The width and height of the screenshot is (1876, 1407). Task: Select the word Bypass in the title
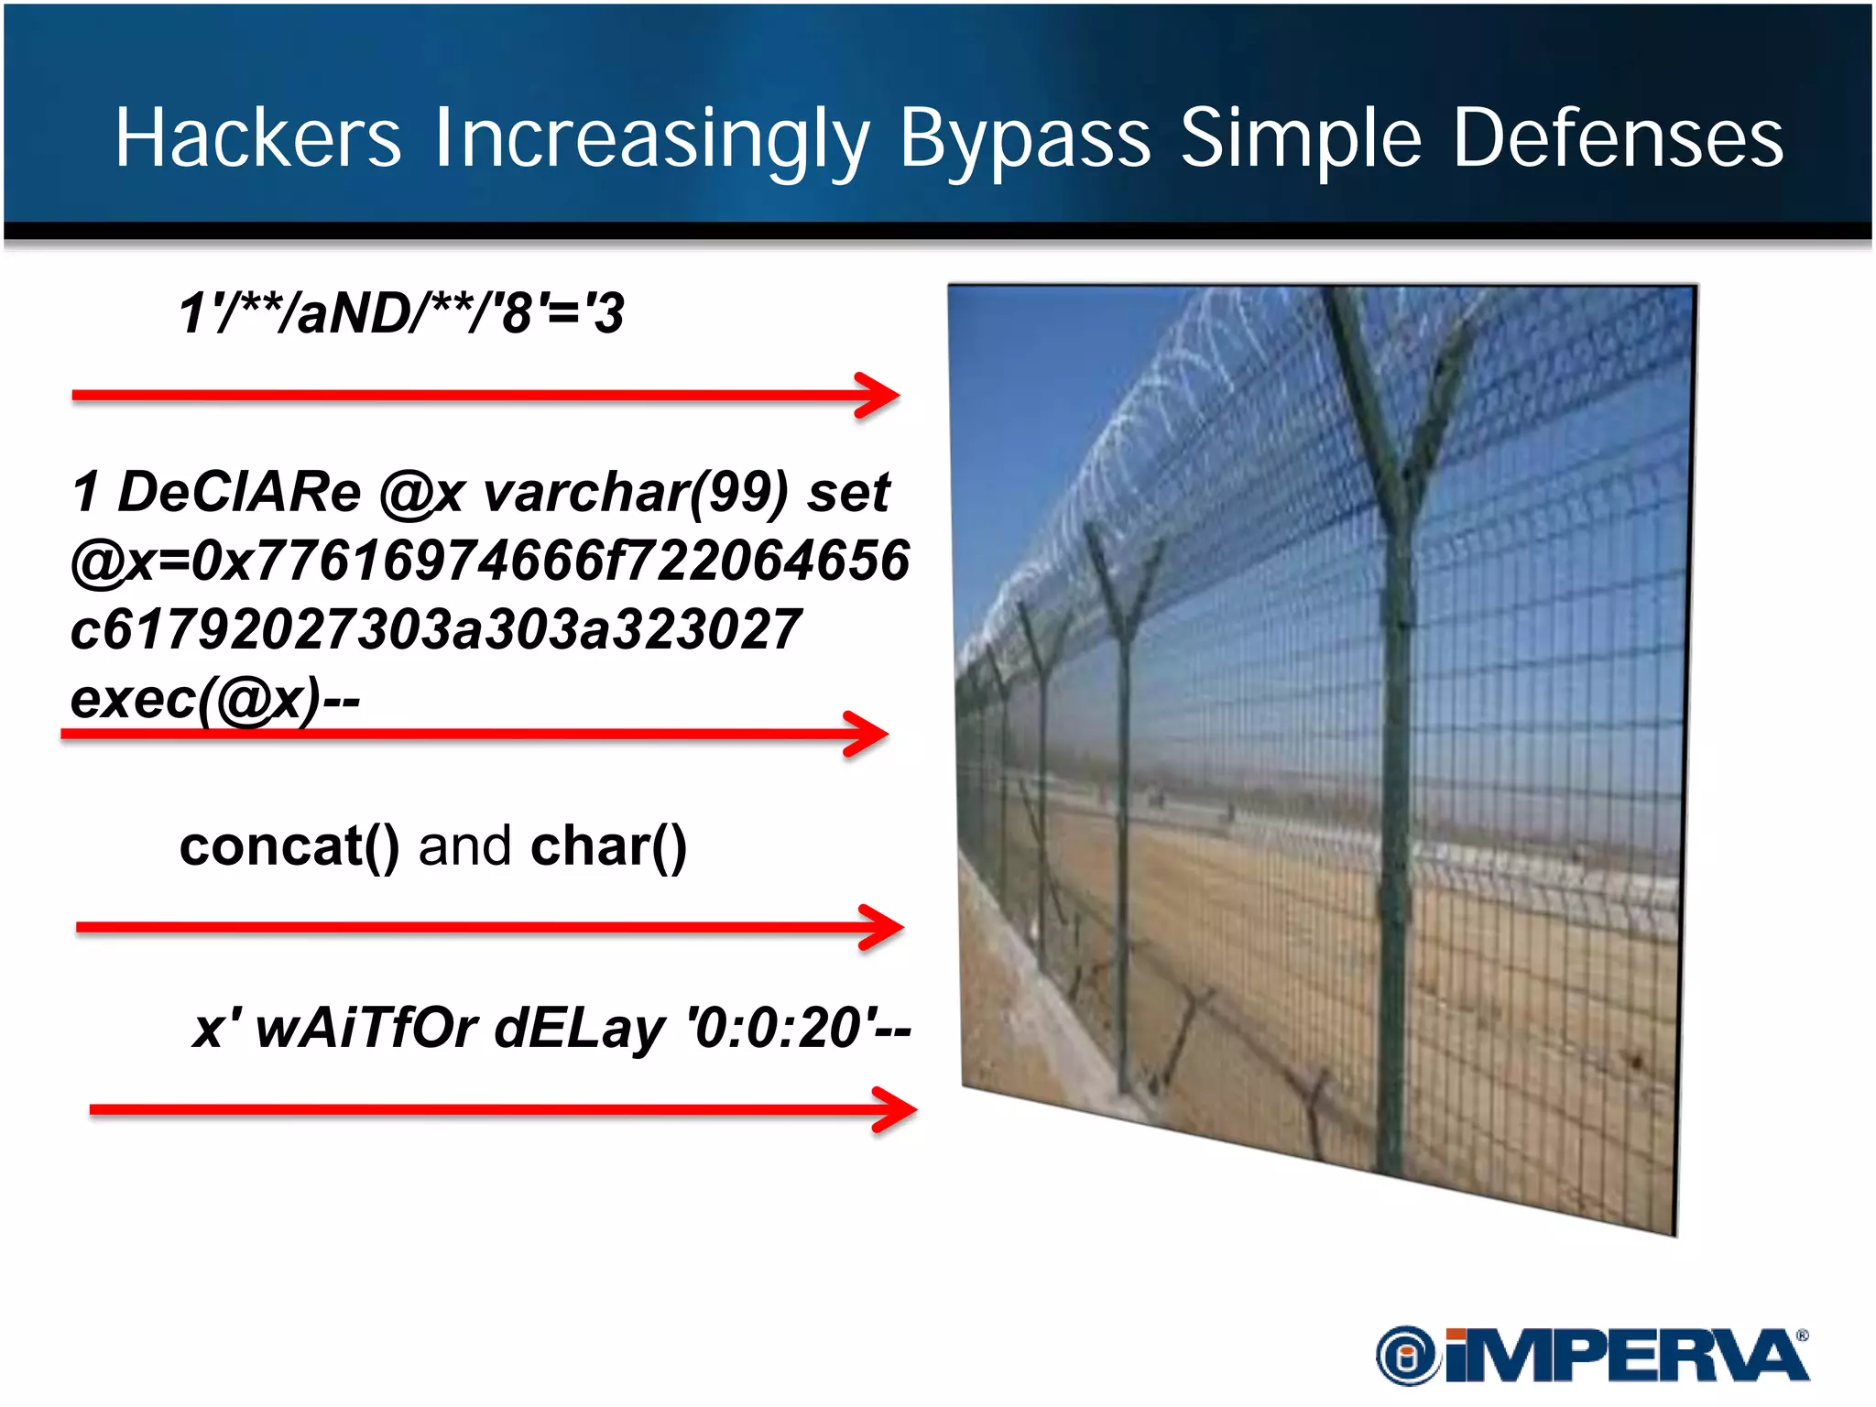tap(1024, 139)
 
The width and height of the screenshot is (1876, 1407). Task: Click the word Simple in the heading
tap(1301, 139)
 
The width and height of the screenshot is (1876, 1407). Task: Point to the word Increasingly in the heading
tap(650, 139)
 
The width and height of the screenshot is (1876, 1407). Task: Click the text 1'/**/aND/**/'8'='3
tap(401, 313)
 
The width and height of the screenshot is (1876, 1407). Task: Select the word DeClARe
tap(240, 492)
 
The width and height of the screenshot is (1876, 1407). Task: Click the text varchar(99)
tap(635, 493)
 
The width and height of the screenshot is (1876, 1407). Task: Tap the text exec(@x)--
tap(215, 700)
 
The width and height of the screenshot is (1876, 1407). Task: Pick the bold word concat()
tap(289, 845)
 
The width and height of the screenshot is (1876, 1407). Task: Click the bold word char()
tap(608, 845)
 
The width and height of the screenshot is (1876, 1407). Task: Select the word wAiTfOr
tap(366, 1028)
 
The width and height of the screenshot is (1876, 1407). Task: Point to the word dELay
tap(579, 1029)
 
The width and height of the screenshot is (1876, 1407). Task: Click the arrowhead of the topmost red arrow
tap(879, 396)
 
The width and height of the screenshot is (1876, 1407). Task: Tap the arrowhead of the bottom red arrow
tap(896, 1109)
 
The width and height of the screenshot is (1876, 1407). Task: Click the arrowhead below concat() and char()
tap(883, 927)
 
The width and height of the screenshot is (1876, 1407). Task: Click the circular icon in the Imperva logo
tap(1408, 1356)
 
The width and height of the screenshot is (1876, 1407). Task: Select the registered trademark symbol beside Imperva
tap(1802, 1336)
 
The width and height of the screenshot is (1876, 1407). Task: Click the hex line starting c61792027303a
tap(436, 630)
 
